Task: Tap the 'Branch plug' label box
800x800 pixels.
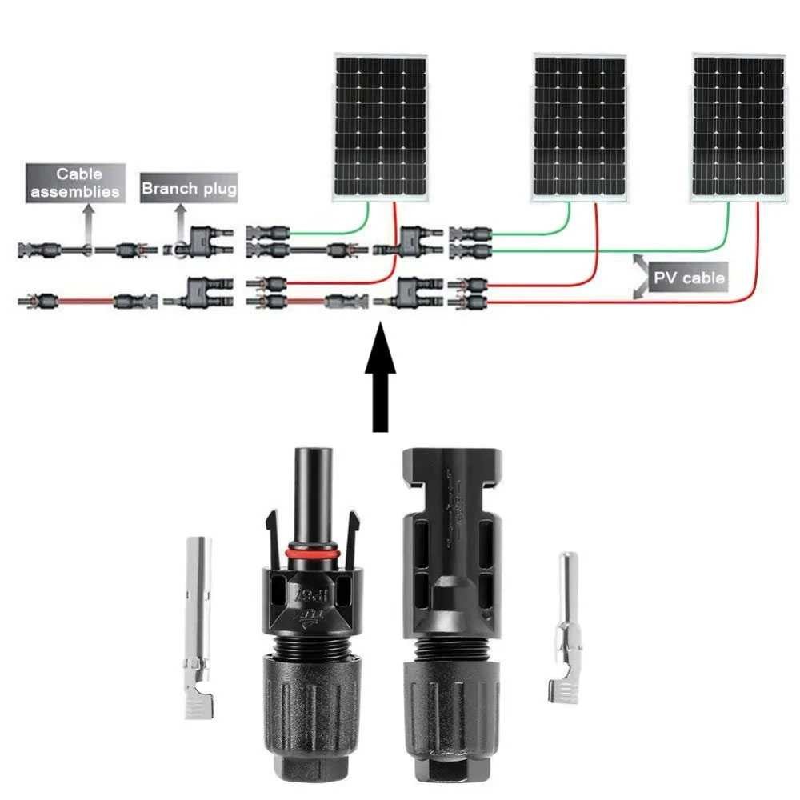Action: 189,190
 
